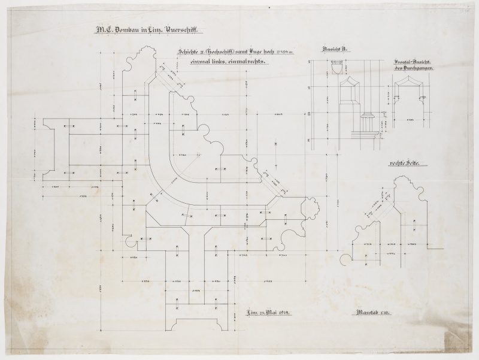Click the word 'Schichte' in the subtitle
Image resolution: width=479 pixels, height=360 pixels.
click(188, 52)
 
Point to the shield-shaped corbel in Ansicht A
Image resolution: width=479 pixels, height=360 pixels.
click(336, 70)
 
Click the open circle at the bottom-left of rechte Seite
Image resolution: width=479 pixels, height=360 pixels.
click(345, 259)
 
